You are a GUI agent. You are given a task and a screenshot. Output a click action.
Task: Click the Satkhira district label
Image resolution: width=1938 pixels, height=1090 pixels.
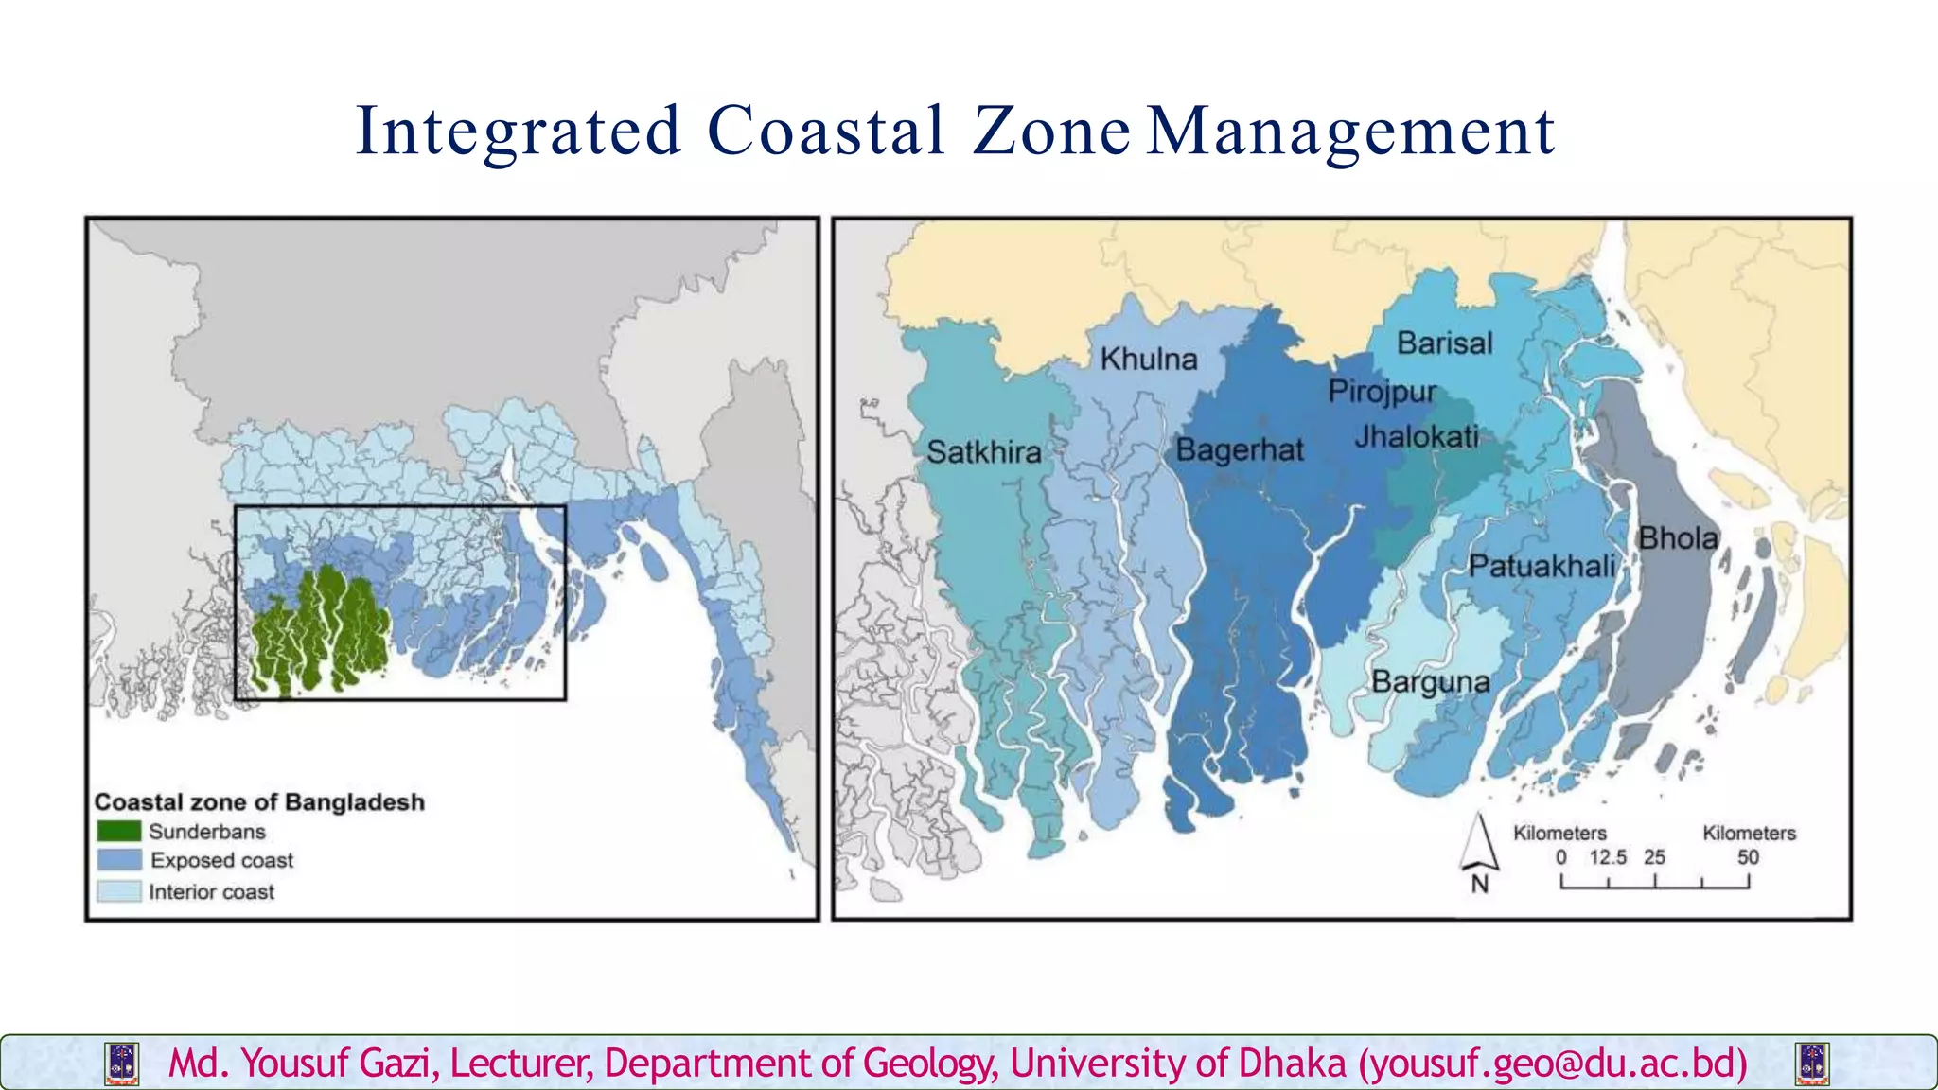point(983,452)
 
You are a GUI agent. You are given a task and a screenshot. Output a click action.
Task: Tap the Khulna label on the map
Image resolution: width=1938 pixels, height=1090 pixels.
point(1149,360)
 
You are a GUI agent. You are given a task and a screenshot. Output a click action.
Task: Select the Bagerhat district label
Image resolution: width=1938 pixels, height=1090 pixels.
point(1239,449)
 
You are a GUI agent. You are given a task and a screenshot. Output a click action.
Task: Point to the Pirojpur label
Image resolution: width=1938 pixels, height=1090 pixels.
point(1382,392)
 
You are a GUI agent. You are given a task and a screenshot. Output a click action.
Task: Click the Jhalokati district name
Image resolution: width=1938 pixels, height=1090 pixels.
point(1416,436)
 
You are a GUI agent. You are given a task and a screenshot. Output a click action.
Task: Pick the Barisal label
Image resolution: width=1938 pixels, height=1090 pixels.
point(1444,343)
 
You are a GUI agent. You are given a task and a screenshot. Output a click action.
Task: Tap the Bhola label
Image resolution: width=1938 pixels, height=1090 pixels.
point(1678,538)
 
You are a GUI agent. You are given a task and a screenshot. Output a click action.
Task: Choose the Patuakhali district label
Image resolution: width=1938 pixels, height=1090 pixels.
point(1542,567)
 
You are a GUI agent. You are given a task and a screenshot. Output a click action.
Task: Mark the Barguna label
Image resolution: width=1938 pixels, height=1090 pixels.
point(1430,681)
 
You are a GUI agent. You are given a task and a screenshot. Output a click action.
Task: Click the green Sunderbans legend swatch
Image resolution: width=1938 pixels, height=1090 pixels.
point(119,832)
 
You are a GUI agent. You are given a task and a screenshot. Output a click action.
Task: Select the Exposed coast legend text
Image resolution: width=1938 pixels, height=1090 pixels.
point(221,861)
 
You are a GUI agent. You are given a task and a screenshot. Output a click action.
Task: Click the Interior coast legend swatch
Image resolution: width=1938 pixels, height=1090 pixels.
point(119,891)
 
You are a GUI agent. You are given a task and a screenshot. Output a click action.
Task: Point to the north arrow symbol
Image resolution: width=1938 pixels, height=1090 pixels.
point(1479,843)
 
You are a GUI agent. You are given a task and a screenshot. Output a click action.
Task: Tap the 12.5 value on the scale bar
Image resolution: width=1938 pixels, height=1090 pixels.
point(1607,857)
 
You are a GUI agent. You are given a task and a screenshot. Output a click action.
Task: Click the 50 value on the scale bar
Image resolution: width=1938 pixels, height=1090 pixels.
point(1747,857)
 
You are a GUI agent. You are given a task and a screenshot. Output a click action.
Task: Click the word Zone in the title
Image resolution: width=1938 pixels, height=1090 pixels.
point(1051,131)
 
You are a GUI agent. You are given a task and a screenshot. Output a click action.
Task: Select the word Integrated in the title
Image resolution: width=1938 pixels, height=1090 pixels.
point(518,131)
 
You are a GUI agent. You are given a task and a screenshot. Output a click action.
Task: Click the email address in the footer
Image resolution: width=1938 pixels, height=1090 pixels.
point(1553,1064)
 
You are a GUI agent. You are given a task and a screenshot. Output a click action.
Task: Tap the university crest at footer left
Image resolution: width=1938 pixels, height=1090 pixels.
point(123,1064)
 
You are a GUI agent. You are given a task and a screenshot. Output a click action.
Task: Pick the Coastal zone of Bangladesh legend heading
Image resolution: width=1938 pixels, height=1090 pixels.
point(259,802)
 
